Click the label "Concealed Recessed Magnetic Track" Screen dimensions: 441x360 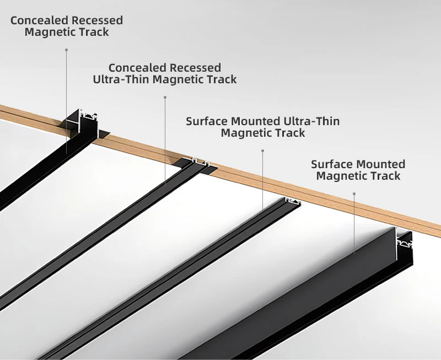click(67, 26)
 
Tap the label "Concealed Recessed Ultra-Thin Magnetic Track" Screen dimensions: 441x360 click(165, 73)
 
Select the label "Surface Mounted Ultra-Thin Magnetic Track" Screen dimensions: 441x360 click(262, 127)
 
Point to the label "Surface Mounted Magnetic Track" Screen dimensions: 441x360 click(358, 170)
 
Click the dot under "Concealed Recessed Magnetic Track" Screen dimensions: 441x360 click(67, 50)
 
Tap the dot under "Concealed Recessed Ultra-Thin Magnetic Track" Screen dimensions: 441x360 click(165, 97)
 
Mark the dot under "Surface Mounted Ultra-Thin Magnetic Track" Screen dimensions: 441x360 click(262, 150)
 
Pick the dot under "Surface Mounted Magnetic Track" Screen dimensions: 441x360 click(354, 194)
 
